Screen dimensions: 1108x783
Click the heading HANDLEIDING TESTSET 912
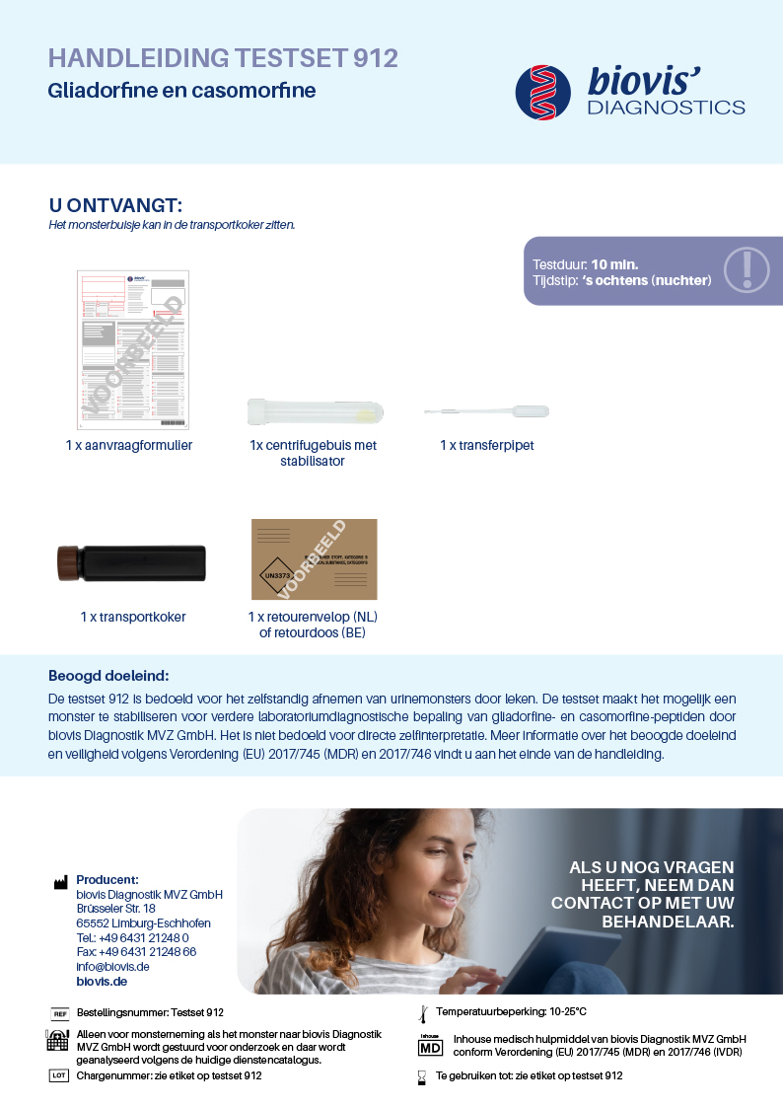(x=223, y=58)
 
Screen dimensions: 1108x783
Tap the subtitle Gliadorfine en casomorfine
(x=181, y=91)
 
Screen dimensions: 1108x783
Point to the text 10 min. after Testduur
(x=614, y=264)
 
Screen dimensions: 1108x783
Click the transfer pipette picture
(x=486, y=411)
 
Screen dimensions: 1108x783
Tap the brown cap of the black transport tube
(x=68, y=562)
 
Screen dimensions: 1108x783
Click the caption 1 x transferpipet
(x=486, y=446)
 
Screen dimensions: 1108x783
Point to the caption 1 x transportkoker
(x=133, y=618)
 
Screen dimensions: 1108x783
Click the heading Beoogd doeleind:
(x=108, y=676)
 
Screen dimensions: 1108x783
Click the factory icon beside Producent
(x=60, y=882)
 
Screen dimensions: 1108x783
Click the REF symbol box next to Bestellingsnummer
(x=59, y=1013)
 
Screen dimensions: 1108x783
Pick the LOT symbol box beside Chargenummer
(x=59, y=1075)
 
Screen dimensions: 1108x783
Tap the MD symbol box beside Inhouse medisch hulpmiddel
(x=430, y=1046)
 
